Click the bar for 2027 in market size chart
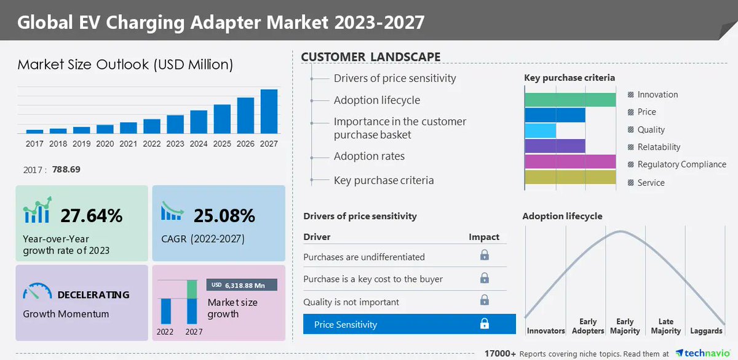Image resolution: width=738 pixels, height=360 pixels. click(269, 111)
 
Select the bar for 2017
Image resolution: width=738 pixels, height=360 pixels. click(34, 131)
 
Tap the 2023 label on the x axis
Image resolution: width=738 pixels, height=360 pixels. click(175, 144)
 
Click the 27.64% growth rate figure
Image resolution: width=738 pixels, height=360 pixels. click(91, 216)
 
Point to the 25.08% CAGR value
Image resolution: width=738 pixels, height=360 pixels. click(224, 216)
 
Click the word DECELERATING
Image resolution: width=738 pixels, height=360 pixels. click(93, 295)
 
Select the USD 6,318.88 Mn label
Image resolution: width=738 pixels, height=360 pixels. click(242, 285)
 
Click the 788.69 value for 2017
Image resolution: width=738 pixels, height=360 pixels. click(67, 169)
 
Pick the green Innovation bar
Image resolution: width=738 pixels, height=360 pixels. click(569, 100)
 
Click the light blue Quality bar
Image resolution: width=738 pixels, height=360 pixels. click(540, 130)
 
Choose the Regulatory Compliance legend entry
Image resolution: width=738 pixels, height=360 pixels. click(676, 164)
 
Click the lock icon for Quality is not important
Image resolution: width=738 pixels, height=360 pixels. click(485, 300)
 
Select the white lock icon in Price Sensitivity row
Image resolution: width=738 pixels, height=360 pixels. click(485, 324)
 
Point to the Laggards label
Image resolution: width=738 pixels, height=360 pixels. click(706, 331)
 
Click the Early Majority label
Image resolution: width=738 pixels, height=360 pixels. click(625, 326)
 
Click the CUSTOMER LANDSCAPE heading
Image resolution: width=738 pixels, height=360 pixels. click(370, 57)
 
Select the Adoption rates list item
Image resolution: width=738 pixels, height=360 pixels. click(369, 156)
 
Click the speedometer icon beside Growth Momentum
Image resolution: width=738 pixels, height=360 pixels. click(37, 292)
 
